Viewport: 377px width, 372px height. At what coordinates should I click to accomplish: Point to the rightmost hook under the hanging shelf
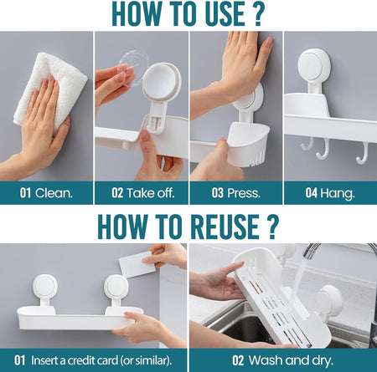362,152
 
